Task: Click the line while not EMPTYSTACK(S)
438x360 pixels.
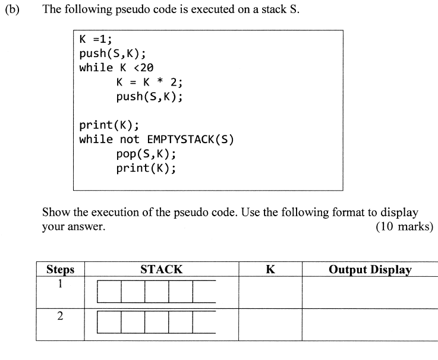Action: click(x=156, y=140)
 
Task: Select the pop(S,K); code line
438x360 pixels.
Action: click(x=146, y=154)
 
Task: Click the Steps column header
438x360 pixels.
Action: click(x=60, y=269)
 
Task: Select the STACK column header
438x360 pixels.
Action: click(x=161, y=269)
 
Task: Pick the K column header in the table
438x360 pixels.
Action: click(x=270, y=269)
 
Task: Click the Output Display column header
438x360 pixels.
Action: click(x=370, y=269)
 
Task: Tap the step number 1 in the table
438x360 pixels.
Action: click(x=60, y=285)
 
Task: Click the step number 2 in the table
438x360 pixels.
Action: click(x=60, y=316)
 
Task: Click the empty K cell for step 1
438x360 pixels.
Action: click(x=270, y=292)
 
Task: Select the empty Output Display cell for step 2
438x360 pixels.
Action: click(x=370, y=324)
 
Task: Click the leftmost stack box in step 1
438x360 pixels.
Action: click(x=109, y=291)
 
